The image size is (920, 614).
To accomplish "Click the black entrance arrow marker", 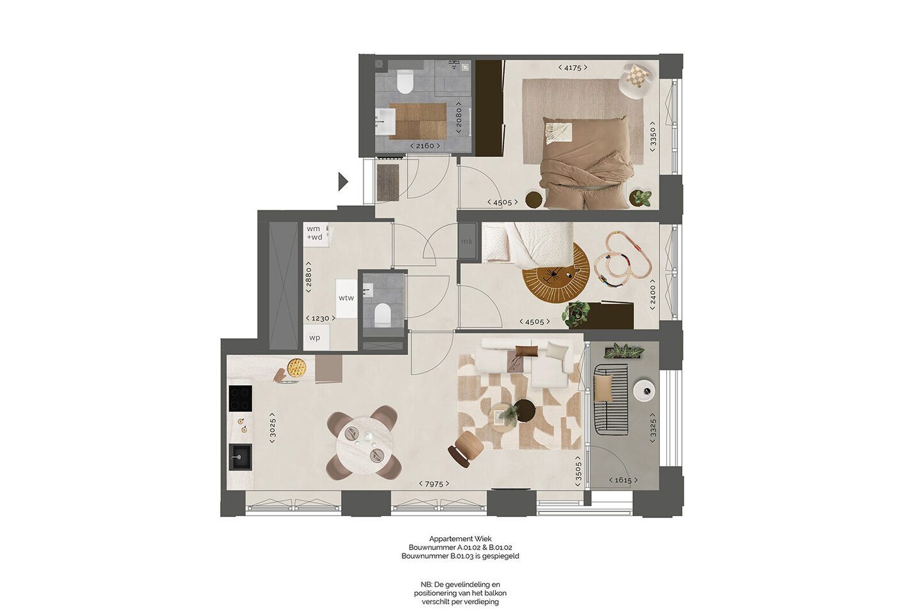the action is point(342,182).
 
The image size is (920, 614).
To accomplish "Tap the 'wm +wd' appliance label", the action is point(314,233).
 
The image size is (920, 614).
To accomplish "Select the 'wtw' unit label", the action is point(346,298).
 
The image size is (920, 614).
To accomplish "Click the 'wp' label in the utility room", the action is point(314,338).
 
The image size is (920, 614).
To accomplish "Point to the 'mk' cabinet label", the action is point(467,241).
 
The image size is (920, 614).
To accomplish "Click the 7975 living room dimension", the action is point(434,484).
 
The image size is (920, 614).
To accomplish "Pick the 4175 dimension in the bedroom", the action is point(572,68).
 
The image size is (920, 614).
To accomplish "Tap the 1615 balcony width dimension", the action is point(623,480).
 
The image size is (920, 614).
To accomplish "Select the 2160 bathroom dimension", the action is point(425,146).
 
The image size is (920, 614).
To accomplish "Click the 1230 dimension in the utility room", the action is point(320,319).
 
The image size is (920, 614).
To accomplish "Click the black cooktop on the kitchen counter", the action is point(240,398).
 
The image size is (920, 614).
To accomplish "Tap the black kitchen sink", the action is point(240,457).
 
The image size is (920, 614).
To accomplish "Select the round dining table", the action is point(364,443).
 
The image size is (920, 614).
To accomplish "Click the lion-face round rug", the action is point(555,272).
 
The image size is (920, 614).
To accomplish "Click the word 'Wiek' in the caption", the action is point(483,539).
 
